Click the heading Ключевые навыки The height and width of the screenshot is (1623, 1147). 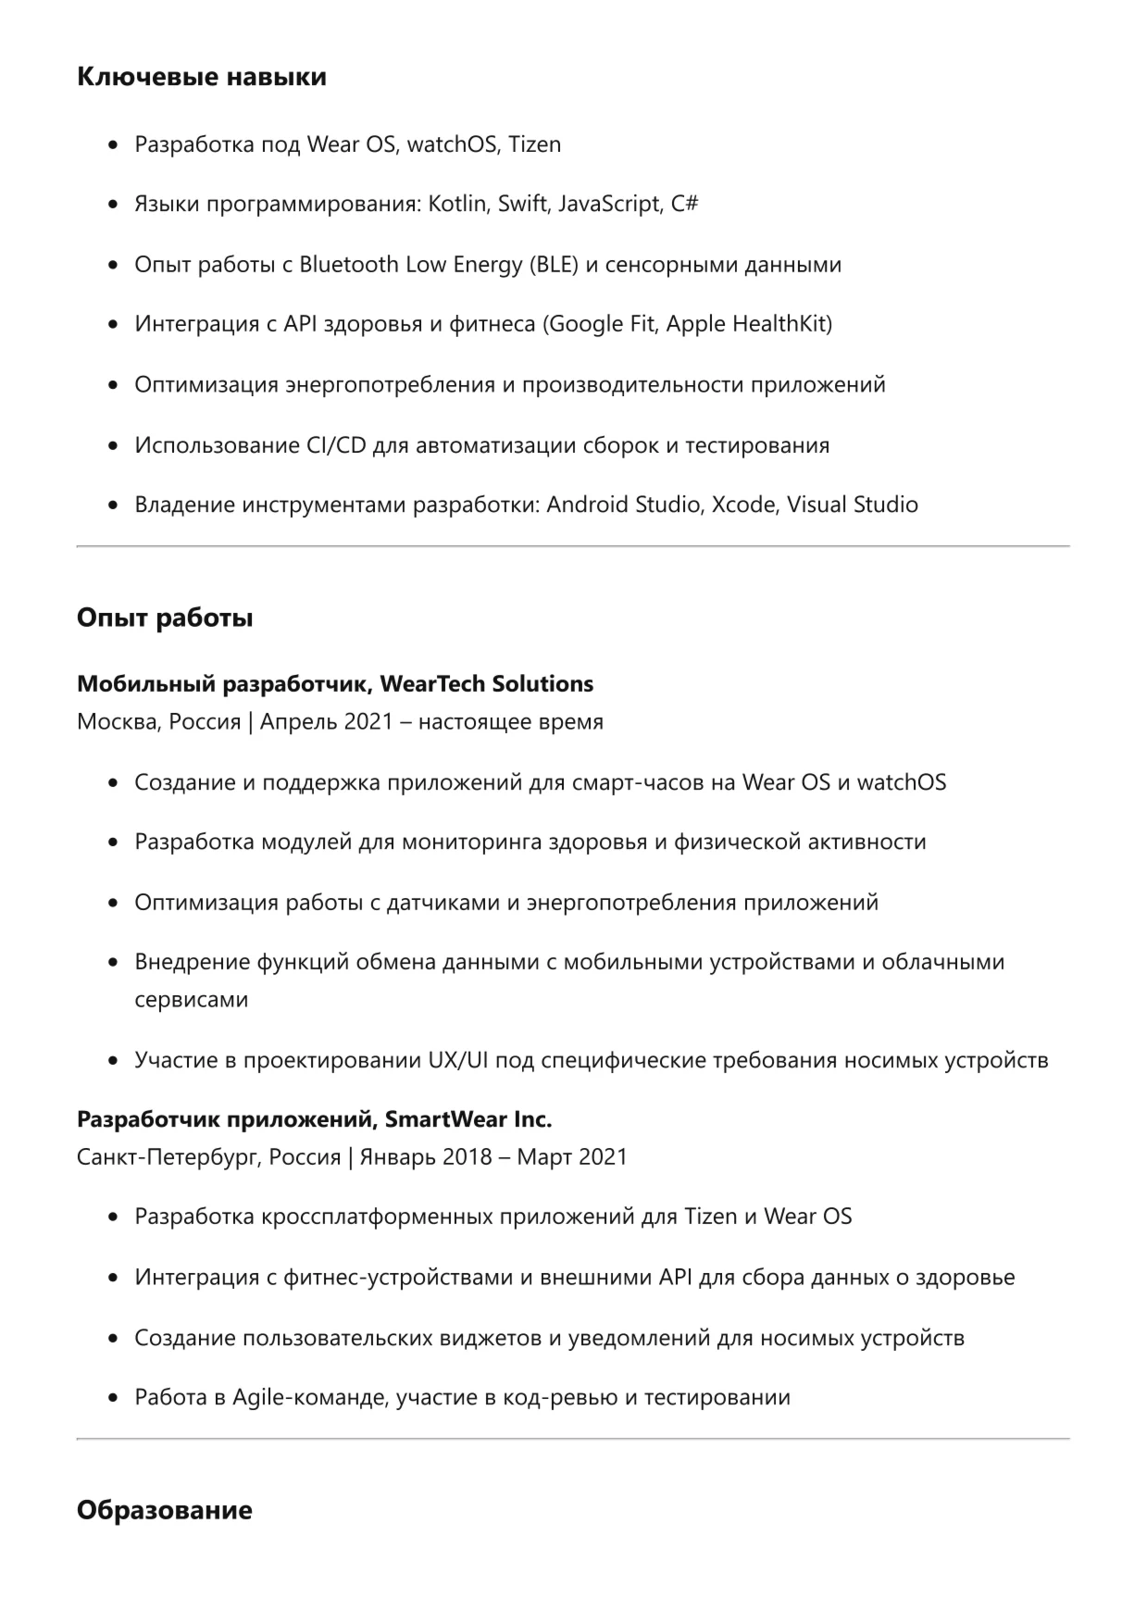pos(201,77)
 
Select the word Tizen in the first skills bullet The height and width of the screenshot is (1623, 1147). pos(534,144)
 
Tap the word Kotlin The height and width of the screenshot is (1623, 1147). pos(457,205)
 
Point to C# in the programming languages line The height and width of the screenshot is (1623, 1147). pos(684,205)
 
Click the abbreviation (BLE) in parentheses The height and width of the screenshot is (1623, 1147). pos(554,265)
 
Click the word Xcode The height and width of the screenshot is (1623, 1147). pos(744,506)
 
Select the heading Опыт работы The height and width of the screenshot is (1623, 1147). pos(165,618)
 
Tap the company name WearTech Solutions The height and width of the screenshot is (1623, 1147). pos(487,684)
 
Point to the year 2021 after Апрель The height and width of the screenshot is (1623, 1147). pos(368,722)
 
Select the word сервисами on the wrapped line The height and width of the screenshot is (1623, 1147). pos(192,1000)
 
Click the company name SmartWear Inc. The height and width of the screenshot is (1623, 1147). pos(468,1120)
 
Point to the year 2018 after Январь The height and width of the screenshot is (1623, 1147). pos(467,1157)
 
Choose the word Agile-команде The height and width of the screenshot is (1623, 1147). pos(309,1398)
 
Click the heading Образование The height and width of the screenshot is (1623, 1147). pos(164,1511)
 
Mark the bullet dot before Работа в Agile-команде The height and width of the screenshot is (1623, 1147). pos(113,1398)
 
